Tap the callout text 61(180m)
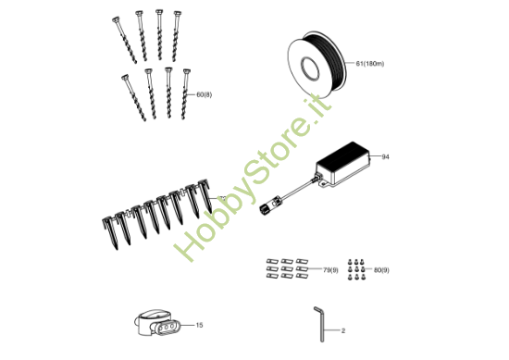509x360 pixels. (x=369, y=64)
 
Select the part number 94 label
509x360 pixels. (x=385, y=157)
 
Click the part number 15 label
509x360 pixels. (x=199, y=325)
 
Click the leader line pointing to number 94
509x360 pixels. (x=374, y=158)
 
